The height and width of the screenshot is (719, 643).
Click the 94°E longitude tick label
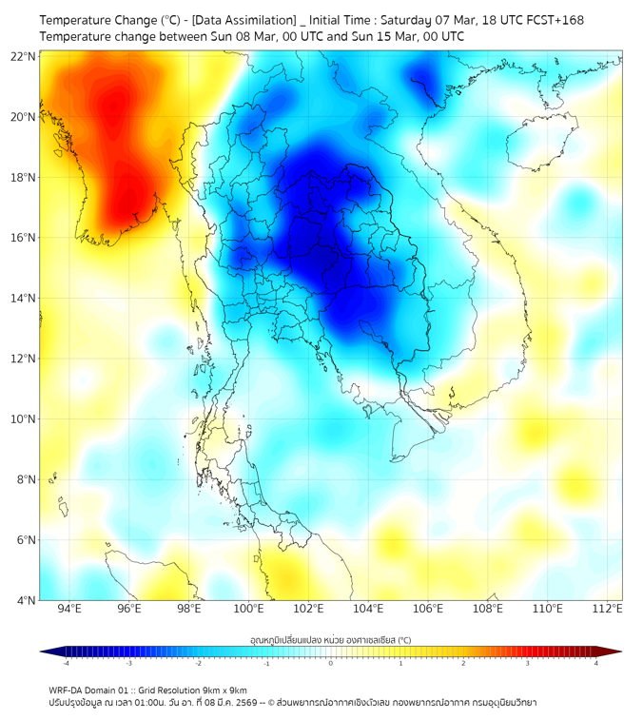pos(69,609)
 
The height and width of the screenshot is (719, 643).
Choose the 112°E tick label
pos(608,609)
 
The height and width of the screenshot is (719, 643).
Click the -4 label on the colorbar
pos(66,662)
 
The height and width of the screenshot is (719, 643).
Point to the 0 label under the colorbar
pos(331,662)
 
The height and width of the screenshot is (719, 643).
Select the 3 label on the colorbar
pos(529,662)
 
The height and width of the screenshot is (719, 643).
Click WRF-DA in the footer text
pos(66,690)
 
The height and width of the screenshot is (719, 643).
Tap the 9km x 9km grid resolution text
pos(221,690)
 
